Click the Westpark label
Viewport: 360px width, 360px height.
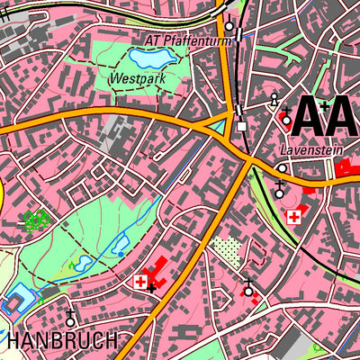(x=130, y=79)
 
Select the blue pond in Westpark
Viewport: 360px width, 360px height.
(x=150, y=59)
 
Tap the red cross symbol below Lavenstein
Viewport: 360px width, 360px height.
(x=292, y=217)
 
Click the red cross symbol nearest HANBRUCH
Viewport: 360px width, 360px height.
(x=139, y=282)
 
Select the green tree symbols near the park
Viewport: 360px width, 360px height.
(x=35, y=219)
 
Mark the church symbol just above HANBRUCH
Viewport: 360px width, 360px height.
(x=70, y=318)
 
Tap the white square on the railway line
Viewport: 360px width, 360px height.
(x=241, y=126)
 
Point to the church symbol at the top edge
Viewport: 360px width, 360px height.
(x=229, y=24)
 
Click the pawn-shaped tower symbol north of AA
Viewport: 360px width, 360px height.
(x=274, y=99)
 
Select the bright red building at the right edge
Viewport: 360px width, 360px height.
(x=346, y=168)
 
